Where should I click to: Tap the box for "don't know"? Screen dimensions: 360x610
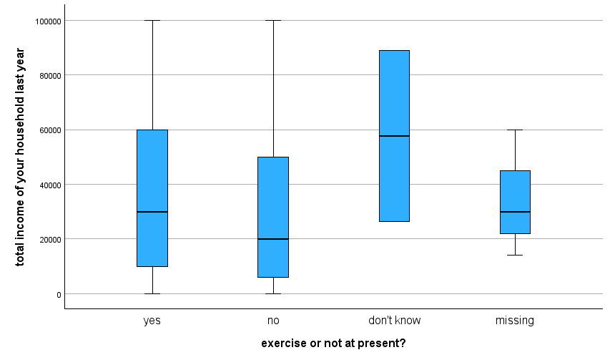click(394, 93)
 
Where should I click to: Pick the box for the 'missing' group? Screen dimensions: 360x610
click(515, 186)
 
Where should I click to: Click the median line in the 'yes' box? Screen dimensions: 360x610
click(152, 212)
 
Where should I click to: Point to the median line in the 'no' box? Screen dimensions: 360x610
click(273, 239)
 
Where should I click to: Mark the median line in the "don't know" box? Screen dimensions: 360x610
click(394, 136)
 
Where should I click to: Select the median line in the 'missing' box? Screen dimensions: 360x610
click(515, 212)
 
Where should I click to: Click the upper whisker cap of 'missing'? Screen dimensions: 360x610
click(515, 130)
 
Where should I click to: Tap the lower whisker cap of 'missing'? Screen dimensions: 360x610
click(515, 255)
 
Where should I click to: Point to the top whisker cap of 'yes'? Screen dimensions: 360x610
click(152, 21)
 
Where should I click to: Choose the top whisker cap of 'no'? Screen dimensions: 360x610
click(273, 21)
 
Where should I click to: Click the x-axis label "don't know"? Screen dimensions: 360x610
click(394, 321)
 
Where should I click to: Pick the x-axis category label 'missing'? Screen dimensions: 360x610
click(515, 321)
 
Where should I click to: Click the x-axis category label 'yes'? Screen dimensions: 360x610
click(152, 321)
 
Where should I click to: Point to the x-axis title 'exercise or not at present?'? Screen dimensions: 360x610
click(333, 344)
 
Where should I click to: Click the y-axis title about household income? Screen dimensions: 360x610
click(20, 157)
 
